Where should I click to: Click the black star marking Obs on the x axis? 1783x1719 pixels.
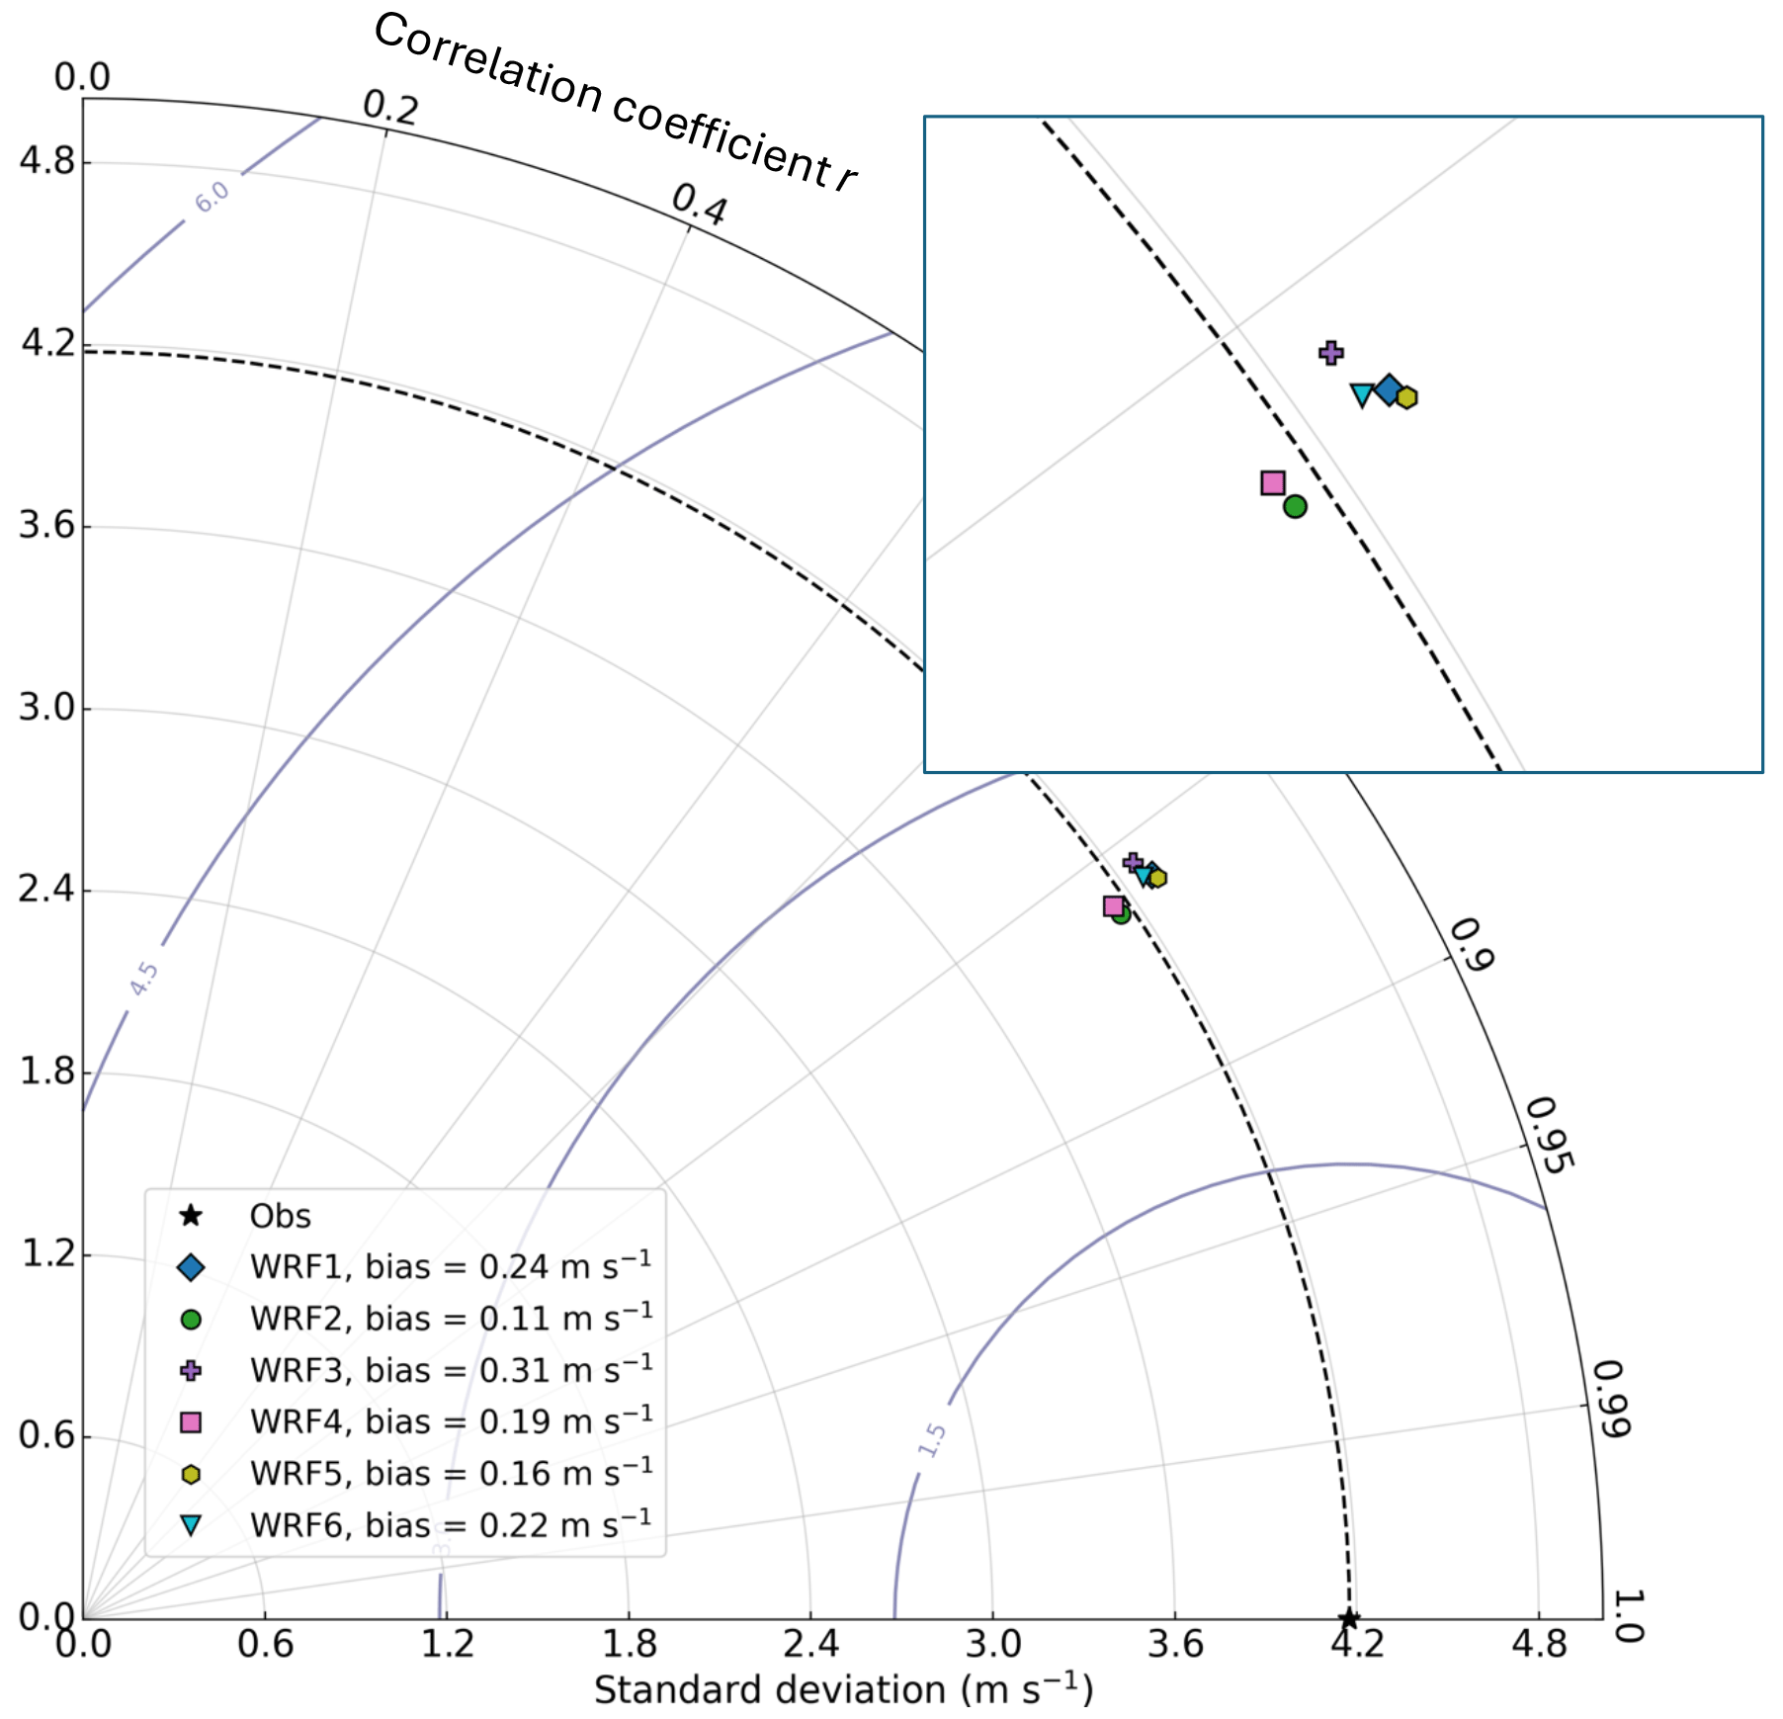click(1349, 1618)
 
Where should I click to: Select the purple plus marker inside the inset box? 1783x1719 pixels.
click(1331, 352)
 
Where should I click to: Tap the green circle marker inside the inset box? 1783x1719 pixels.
click(1295, 506)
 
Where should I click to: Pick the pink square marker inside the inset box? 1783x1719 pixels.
click(1273, 482)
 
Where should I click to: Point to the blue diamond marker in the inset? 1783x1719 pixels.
click(1389, 389)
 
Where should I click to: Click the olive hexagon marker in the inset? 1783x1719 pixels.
click(1406, 397)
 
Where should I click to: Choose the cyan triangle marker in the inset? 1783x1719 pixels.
click(1362, 395)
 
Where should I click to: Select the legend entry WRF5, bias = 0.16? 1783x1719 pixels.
click(451, 1474)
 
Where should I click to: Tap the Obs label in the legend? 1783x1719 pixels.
click(280, 1216)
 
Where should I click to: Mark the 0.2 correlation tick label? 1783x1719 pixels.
click(390, 106)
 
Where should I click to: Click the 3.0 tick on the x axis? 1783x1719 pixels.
click(992, 1645)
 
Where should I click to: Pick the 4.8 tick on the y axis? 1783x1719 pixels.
click(47, 160)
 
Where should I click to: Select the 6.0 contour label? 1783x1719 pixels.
click(212, 197)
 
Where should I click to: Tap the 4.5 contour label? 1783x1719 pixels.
click(143, 979)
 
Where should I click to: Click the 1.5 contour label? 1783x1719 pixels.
click(932, 1440)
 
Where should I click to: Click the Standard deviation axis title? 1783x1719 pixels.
click(843, 1690)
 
